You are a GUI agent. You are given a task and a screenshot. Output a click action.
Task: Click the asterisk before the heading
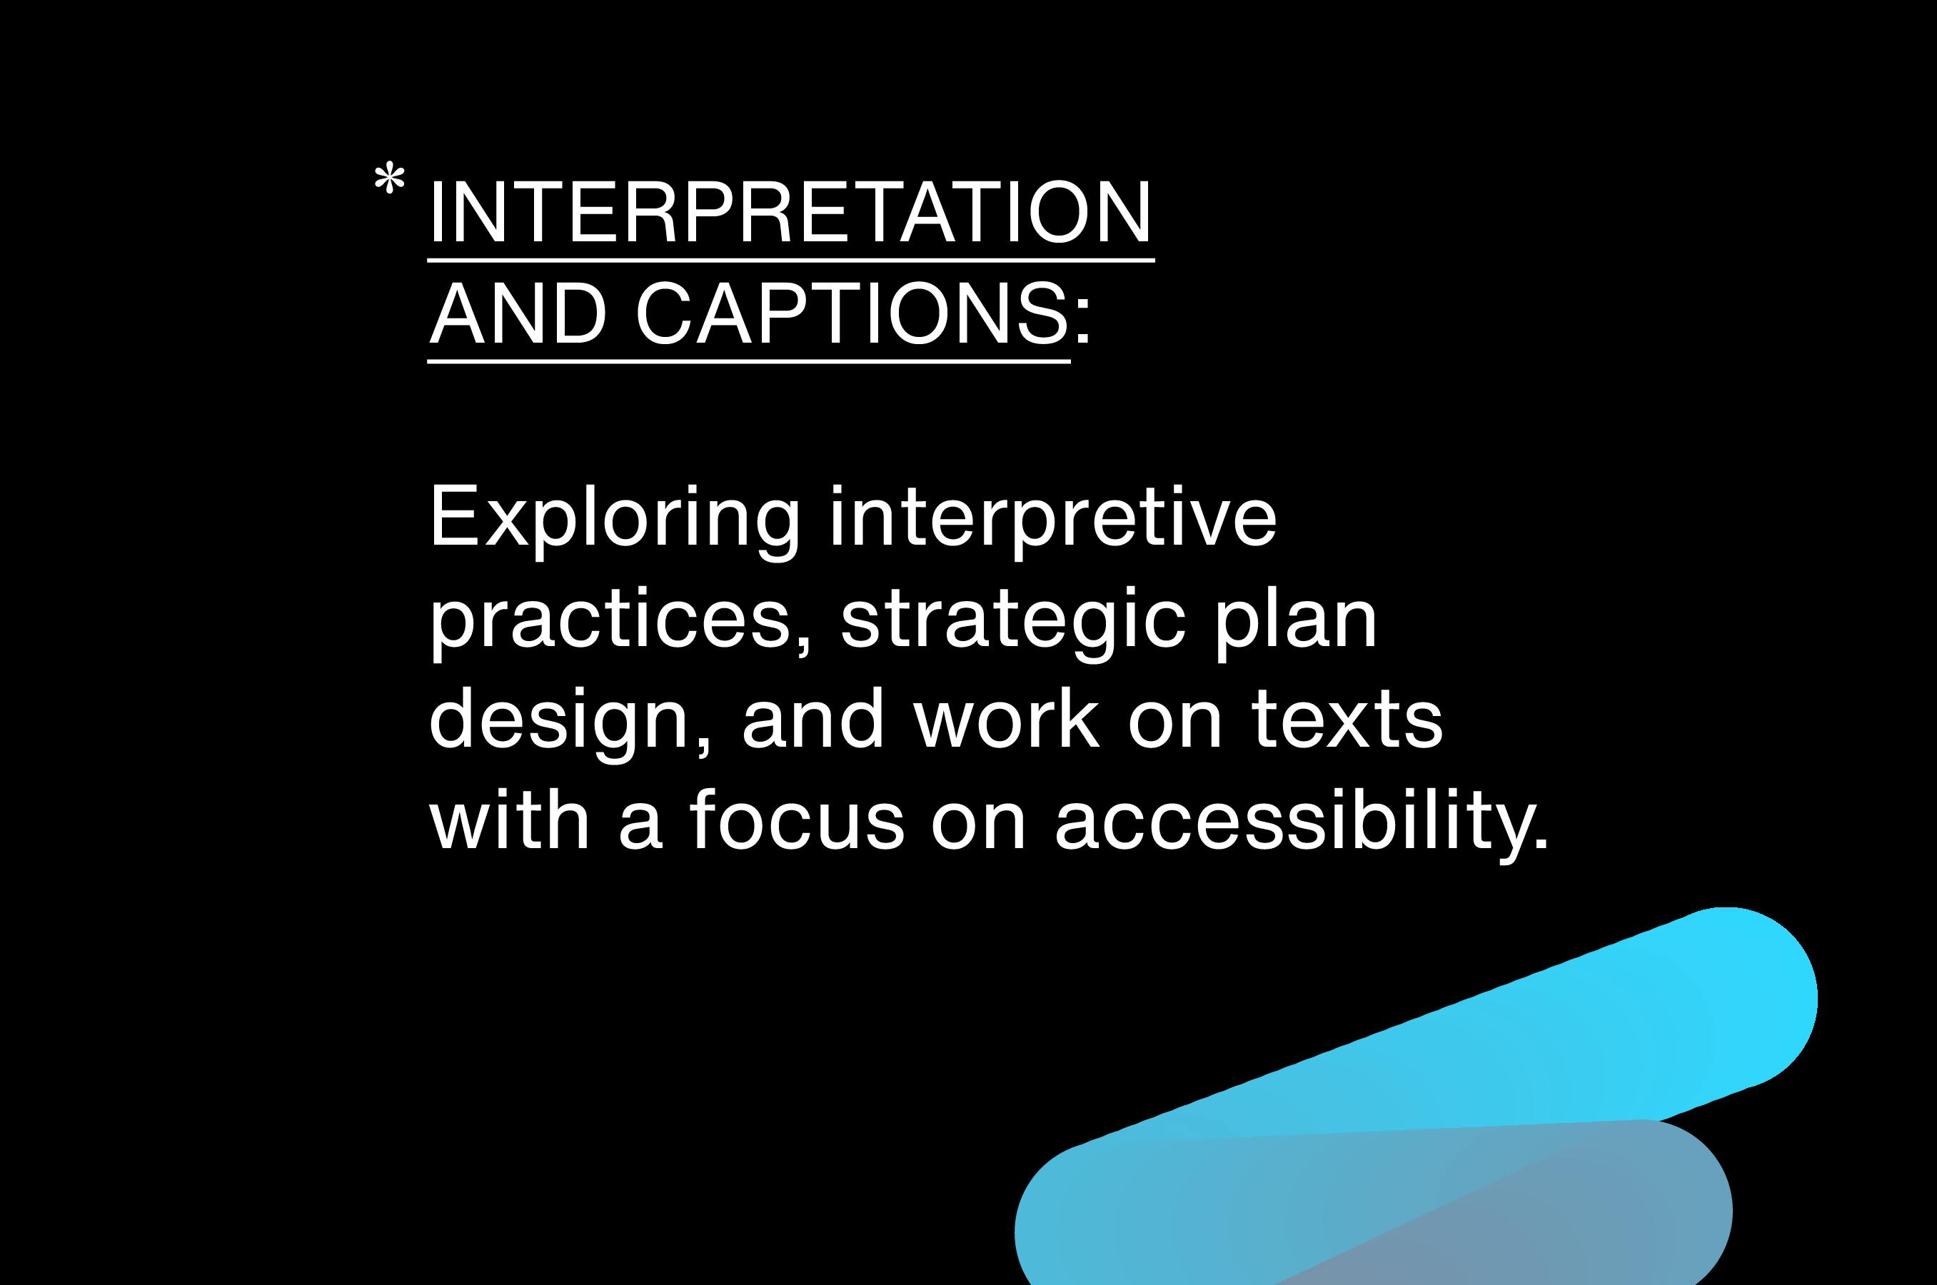tap(389, 179)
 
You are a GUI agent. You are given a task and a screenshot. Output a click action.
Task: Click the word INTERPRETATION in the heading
tap(790, 212)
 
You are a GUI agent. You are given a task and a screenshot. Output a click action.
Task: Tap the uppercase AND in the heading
tap(518, 313)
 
